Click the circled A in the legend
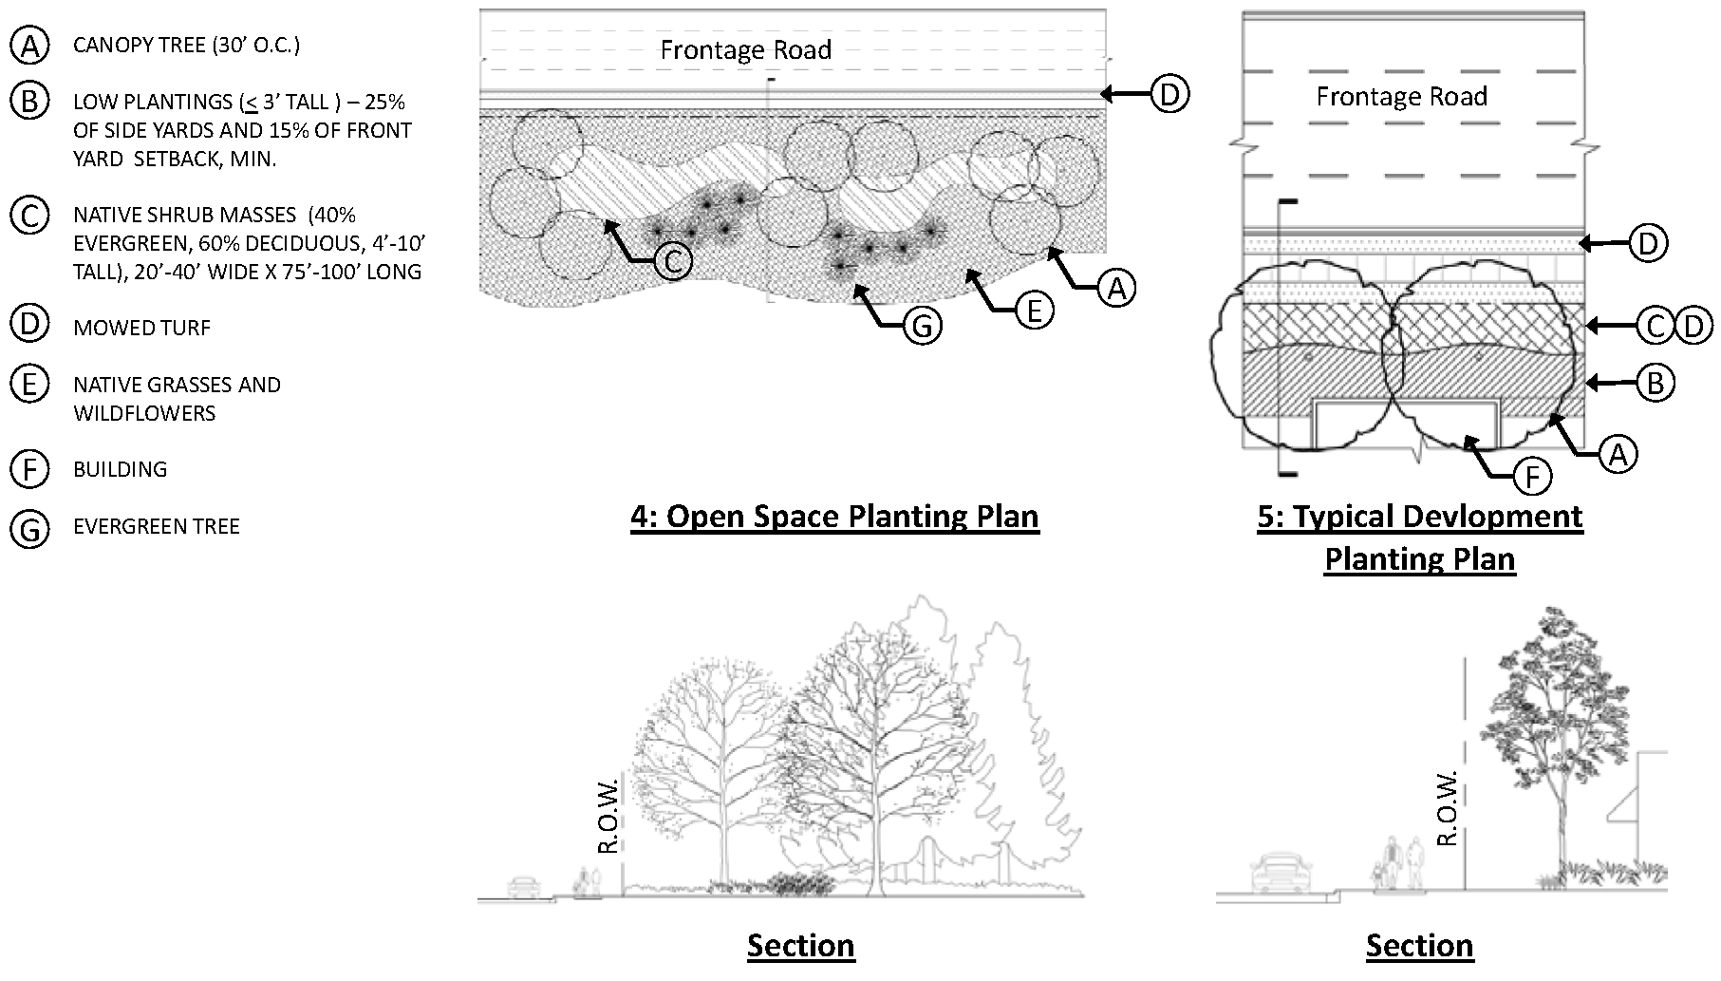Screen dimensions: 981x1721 [x=29, y=45]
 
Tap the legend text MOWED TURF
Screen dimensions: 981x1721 [x=141, y=329]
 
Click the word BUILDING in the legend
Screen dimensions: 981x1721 [x=120, y=469]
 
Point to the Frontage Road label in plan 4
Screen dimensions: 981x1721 [x=745, y=50]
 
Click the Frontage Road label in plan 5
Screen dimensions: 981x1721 [x=1401, y=97]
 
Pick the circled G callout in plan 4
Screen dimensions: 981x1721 [x=922, y=327]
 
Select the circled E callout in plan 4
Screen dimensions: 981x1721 [x=1035, y=310]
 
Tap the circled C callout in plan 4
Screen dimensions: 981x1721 [x=673, y=261]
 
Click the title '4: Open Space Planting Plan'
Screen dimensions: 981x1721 [x=834, y=517]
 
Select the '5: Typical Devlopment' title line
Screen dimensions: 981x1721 [x=1419, y=518]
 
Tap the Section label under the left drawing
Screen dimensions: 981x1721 [x=800, y=946]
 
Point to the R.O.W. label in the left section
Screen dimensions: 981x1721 [x=609, y=816]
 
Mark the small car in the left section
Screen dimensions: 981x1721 [x=522, y=887]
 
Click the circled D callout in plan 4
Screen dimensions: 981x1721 [x=1169, y=94]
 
